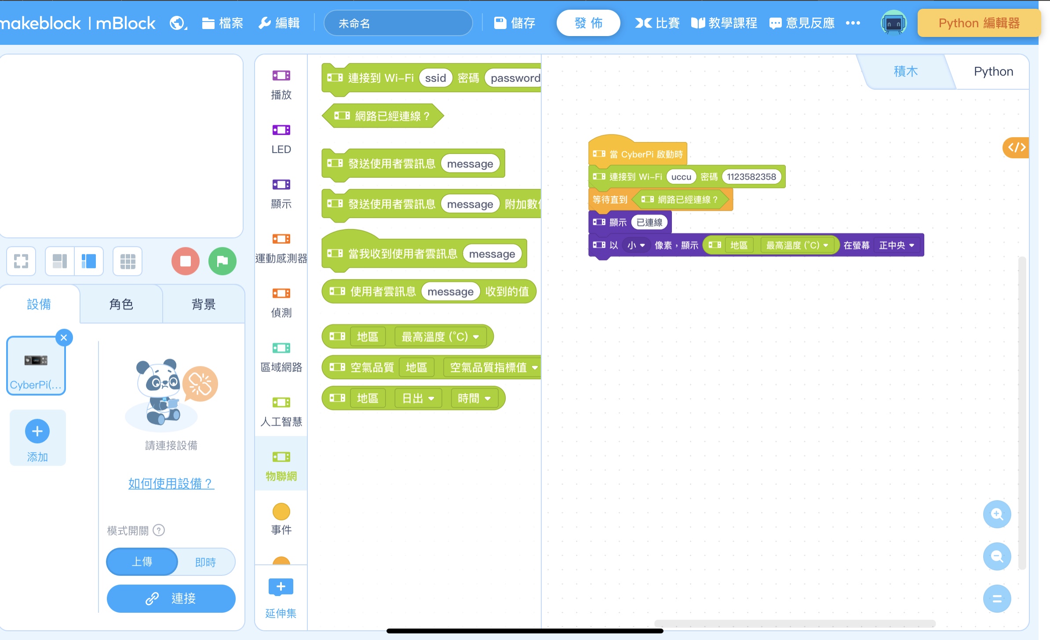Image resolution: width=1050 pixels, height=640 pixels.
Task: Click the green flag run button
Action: coord(222,261)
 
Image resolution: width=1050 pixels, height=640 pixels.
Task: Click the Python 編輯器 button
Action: coord(979,23)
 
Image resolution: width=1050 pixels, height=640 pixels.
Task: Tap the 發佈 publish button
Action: coord(588,23)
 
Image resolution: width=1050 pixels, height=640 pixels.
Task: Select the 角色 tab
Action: coord(121,304)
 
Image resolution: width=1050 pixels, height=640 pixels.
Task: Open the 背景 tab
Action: coord(203,304)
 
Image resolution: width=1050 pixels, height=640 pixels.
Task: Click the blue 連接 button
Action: coord(171,598)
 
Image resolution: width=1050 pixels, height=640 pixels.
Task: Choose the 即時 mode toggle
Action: coord(205,562)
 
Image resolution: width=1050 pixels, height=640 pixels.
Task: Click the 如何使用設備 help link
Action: coord(171,483)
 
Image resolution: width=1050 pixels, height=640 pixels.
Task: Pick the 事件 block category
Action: coord(281,519)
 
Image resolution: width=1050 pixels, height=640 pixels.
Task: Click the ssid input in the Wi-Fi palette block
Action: coord(435,78)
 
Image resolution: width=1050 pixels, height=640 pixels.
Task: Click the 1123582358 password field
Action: coord(751,177)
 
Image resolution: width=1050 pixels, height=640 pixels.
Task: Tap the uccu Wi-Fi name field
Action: coord(681,177)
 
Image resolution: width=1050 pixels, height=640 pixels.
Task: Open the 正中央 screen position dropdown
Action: coord(896,245)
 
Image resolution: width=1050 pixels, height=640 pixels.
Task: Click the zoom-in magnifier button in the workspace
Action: coord(997,514)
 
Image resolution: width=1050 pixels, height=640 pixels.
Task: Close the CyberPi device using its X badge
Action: coord(64,337)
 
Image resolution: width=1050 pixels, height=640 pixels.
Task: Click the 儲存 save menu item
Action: coord(514,23)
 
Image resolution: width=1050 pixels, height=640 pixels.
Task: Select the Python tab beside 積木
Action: coord(993,71)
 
